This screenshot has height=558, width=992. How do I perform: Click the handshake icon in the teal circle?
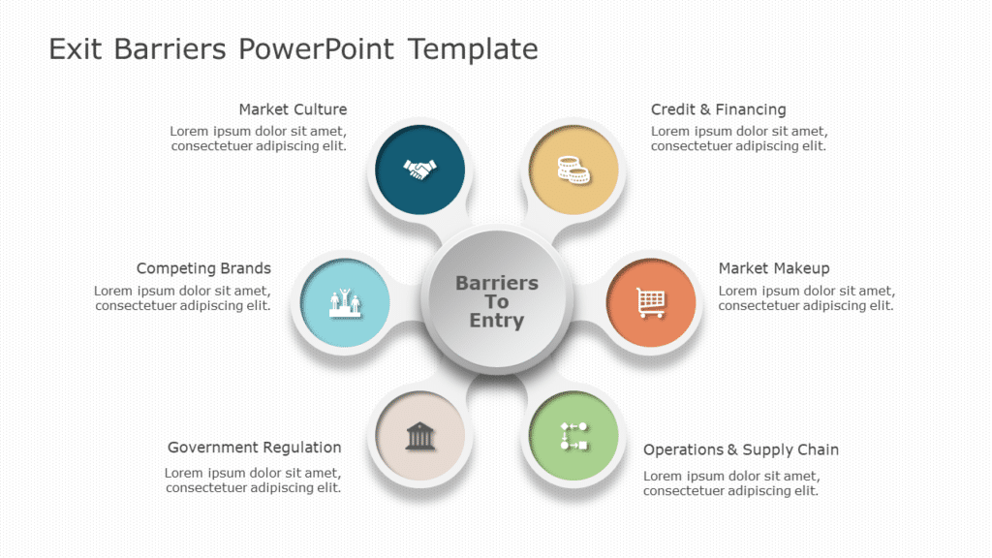pyautogui.click(x=419, y=170)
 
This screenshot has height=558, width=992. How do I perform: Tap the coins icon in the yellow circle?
pyautogui.click(x=573, y=170)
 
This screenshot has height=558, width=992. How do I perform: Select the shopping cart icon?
pyautogui.click(x=651, y=302)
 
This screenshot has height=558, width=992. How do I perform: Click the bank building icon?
pyautogui.click(x=419, y=436)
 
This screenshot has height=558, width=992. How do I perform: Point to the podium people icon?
pyautogui.click(x=346, y=302)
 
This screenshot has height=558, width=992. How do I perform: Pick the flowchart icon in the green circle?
pyautogui.click(x=573, y=436)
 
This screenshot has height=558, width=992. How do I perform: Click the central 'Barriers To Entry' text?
pyautogui.click(x=497, y=301)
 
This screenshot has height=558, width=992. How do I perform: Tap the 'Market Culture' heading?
pyautogui.click(x=293, y=109)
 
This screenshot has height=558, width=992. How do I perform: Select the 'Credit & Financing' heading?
pyautogui.click(x=718, y=109)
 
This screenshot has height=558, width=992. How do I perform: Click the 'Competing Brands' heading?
pyautogui.click(x=203, y=268)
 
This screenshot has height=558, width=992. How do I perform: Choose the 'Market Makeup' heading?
pyautogui.click(x=774, y=268)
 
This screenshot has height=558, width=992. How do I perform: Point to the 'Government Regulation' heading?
pyautogui.click(x=254, y=448)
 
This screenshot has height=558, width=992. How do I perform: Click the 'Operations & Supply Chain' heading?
pyautogui.click(x=741, y=449)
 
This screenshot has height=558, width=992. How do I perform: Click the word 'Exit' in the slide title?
pyautogui.click(x=77, y=48)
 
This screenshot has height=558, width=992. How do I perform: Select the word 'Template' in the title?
pyautogui.click(x=473, y=48)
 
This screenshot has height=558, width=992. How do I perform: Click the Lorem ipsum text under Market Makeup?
pyautogui.click(x=806, y=298)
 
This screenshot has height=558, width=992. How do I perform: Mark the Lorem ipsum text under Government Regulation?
pyautogui.click(x=253, y=480)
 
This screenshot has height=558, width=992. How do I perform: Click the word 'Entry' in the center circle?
pyautogui.click(x=497, y=321)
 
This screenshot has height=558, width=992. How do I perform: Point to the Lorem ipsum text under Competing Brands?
pyautogui.click(x=182, y=298)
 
